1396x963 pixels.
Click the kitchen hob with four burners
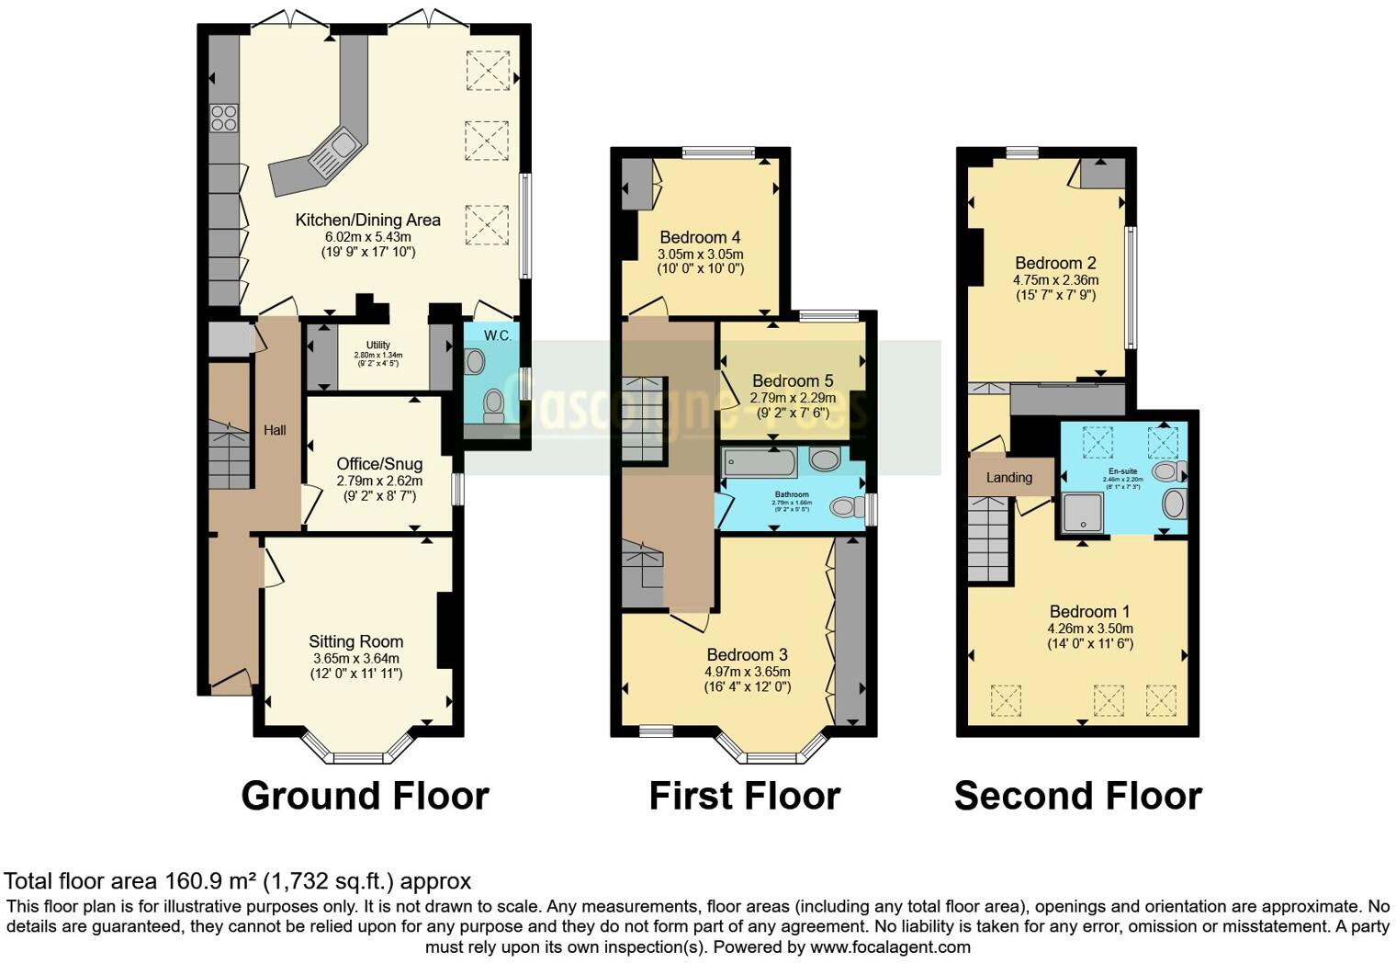[224, 119]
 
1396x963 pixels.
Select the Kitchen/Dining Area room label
[367, 220]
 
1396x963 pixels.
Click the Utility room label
[378, 346]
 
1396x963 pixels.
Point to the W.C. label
[498, 335]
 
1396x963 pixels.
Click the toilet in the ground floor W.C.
[494, 404]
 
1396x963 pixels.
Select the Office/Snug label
[379, 464]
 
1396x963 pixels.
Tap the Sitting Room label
[355, 641]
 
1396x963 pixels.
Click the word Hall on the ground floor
[275, 429]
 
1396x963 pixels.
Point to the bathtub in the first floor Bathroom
[760, 462]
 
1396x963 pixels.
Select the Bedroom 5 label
[793, 380]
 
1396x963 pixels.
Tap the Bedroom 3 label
[747, 654]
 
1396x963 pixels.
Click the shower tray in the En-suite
[1082, 512]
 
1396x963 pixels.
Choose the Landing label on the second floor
[1008, 477]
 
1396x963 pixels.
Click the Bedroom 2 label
[1055, 263]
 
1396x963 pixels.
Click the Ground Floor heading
[365, 796]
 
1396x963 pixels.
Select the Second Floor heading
[1077, 796]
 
